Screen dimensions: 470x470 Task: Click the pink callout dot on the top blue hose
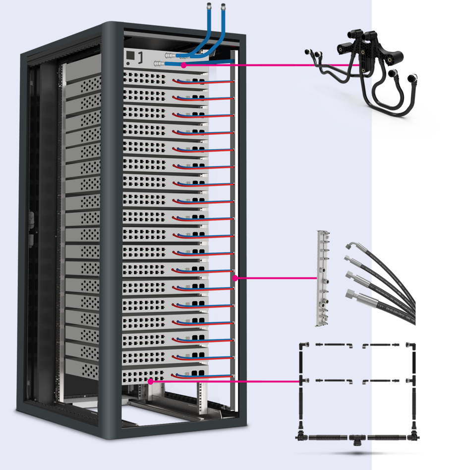tap(183, 65)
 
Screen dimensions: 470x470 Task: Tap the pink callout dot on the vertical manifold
tap(235, 278)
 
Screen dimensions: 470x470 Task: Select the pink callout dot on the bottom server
tap(150, 381)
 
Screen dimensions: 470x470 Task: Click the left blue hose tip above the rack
tap(208, 7)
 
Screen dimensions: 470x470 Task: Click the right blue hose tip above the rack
tap(223, 7)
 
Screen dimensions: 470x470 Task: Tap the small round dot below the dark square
tap(128, 63)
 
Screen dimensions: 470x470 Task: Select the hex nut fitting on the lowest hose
tap(351, 295)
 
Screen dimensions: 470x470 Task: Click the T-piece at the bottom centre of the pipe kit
tap(356, 438)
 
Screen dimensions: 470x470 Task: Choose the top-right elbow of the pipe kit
tap(412, 346)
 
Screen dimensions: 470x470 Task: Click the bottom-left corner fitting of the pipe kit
tap(300, 437)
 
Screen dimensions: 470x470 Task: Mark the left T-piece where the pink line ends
tap(301, 381)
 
